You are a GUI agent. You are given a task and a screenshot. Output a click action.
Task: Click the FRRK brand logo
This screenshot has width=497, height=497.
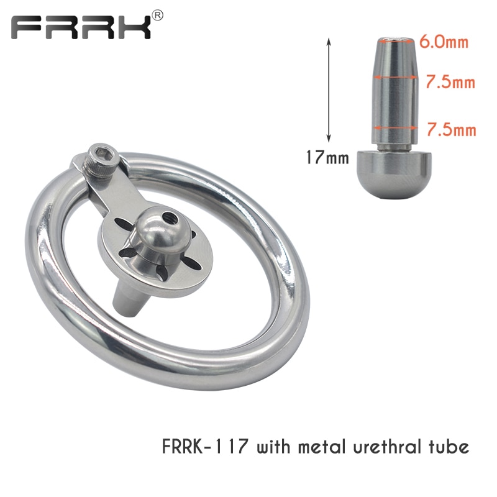[81, 28]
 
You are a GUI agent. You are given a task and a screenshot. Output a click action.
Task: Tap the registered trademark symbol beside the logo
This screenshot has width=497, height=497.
[158, 15]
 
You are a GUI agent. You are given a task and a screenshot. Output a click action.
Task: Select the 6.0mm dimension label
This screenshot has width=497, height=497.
[444, 42]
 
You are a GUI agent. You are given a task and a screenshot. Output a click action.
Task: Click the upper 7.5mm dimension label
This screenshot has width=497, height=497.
[450, 82]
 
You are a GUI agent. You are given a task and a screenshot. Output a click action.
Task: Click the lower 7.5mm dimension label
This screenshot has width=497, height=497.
[452, 130]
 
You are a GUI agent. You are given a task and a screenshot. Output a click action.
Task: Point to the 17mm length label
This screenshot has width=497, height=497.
[327, 157]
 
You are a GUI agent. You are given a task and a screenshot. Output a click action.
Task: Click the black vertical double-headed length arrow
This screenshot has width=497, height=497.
[329, 90]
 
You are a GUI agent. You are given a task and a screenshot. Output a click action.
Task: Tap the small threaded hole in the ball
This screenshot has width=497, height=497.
[166, 219]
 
